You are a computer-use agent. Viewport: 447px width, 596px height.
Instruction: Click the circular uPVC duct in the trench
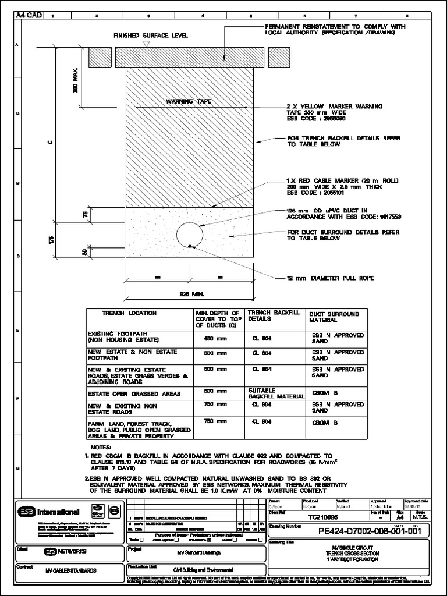click(190, 234)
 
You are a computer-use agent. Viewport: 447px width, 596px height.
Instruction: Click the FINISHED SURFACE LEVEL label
click(151, 36)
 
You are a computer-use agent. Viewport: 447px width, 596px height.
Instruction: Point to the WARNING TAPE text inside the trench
click(188, 101)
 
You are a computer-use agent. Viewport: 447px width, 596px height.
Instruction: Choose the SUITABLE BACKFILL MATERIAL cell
click(276, 393)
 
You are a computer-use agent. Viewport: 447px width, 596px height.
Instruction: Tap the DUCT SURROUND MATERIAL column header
click(335, 317)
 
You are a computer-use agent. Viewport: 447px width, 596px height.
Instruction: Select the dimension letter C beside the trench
click(51, 143)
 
